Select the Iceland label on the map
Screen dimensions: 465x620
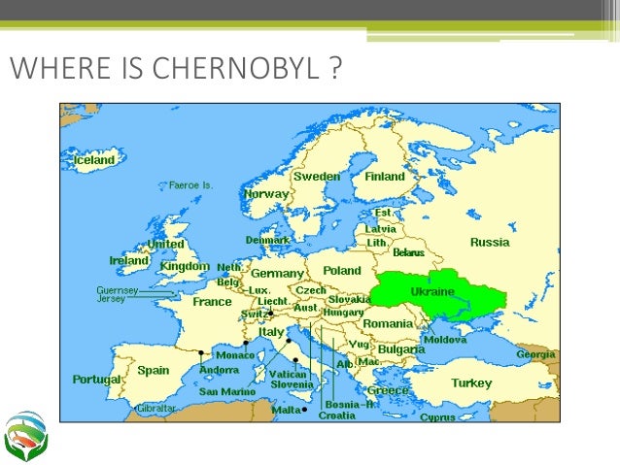pos(89,159)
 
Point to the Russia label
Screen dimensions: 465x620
pos(490,242)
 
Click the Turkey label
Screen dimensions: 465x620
pos(470,382)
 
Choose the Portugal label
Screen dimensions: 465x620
pos(97,380)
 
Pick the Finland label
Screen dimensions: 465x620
pos(385,178)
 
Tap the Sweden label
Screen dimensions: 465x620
pos(317,177)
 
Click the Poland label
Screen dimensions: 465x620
pos(341,272)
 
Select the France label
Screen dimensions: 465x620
pos(212,302)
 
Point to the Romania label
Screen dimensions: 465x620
pos(389,322)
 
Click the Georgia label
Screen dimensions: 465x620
pos(535,354)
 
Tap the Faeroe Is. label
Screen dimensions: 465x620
pos(191,184)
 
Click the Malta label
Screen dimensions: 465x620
pos(286,410)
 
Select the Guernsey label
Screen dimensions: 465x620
pos(117,289)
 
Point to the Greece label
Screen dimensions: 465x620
pos(388,390)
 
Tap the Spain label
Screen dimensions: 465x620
pos(153,370)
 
